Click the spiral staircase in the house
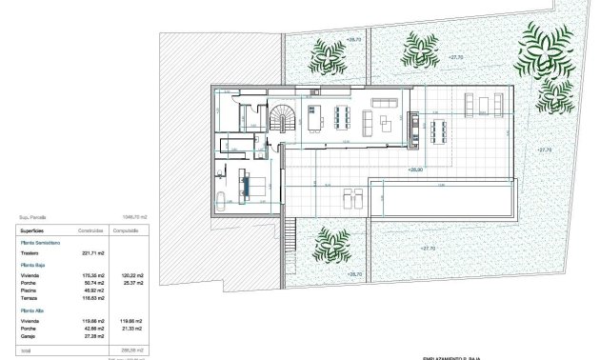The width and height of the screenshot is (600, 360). pyautogui.click(x=284, y=119)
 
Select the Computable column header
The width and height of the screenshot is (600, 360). pyautogui.click(x=128, y=230)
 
